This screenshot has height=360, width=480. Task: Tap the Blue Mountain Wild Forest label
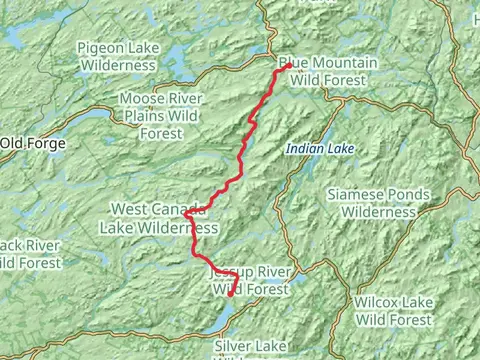click(328, 71)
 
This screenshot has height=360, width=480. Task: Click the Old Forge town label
click(33, 144)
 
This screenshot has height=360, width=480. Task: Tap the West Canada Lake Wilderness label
click(158, 218)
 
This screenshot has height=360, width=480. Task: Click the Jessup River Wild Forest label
click(250, 280)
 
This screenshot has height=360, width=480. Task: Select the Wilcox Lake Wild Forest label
click(394, 310)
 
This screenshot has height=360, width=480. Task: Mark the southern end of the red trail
click(230, 295)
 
